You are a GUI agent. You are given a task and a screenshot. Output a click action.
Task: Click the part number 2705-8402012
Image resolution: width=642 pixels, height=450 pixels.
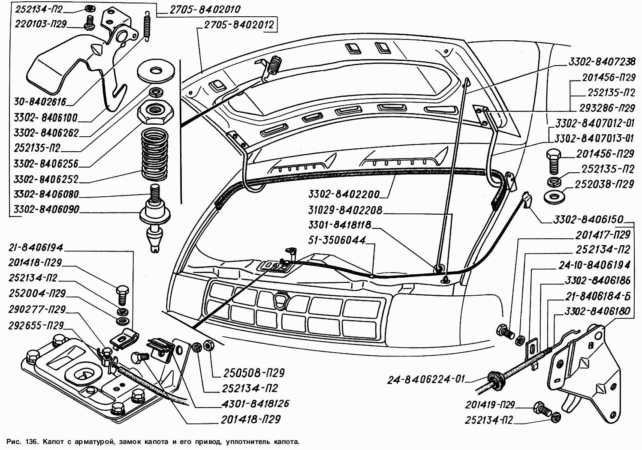click(x=238, y=25)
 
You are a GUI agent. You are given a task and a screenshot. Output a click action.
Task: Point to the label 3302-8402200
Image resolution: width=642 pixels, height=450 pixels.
click(x=344, y=195)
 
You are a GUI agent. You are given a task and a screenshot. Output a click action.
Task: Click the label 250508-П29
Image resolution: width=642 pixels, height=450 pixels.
click(x=253, y=373)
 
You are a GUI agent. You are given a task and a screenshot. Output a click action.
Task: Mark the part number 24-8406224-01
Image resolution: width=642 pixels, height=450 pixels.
click(x=426, y=379)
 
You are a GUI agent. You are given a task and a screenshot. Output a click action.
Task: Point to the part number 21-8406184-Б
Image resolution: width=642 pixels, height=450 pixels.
click(x=597, y=296)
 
